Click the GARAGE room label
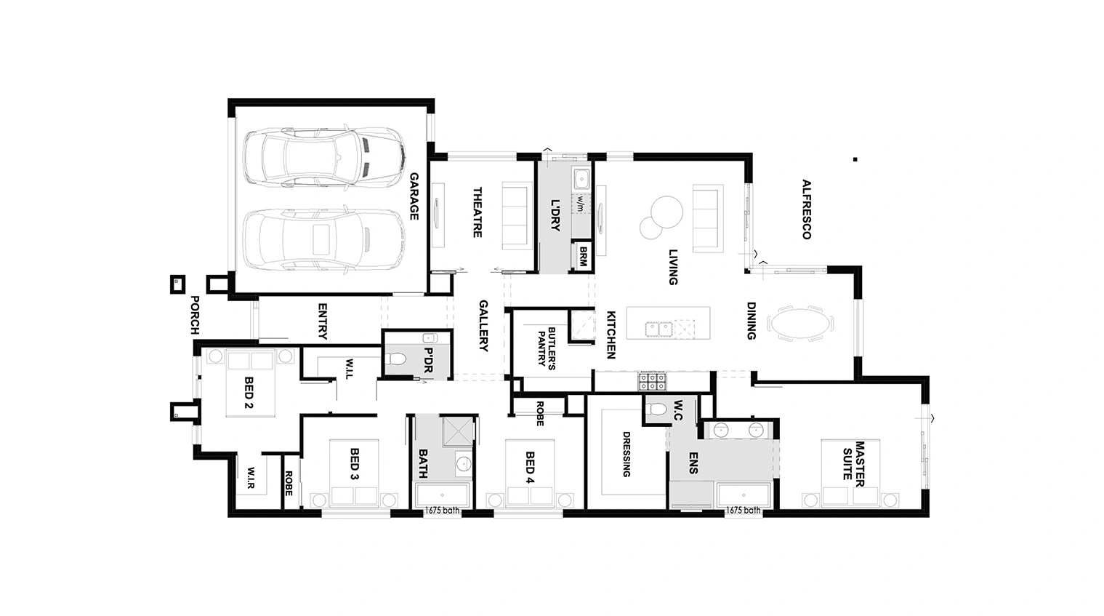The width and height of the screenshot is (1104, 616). coord(414,196)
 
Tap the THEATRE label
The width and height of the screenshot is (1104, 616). coord(477,212)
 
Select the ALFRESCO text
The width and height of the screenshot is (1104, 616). coord(806,209)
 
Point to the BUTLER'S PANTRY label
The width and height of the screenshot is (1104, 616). coord(547,347)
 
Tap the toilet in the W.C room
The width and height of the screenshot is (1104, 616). coord(656,409)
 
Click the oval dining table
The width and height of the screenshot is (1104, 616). coord(801,324)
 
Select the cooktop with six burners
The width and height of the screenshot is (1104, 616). coord(652,381)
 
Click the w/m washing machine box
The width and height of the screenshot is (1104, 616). coord(581,203)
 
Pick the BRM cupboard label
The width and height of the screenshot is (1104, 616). coord(583,257)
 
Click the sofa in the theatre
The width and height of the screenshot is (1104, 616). coord(517,215)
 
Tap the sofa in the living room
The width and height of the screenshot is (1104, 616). coord(708,218)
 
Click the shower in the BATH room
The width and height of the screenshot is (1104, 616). coord(458,432)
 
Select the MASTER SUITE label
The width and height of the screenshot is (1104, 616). coord(854,463)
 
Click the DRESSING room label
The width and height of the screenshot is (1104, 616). coord(626,455)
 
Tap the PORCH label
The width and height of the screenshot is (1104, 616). coord(195,315)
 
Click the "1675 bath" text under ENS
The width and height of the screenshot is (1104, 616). coord(743,511)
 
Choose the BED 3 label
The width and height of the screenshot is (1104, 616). coord(355,463)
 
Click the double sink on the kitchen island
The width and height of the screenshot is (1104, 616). coord(659,328)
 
